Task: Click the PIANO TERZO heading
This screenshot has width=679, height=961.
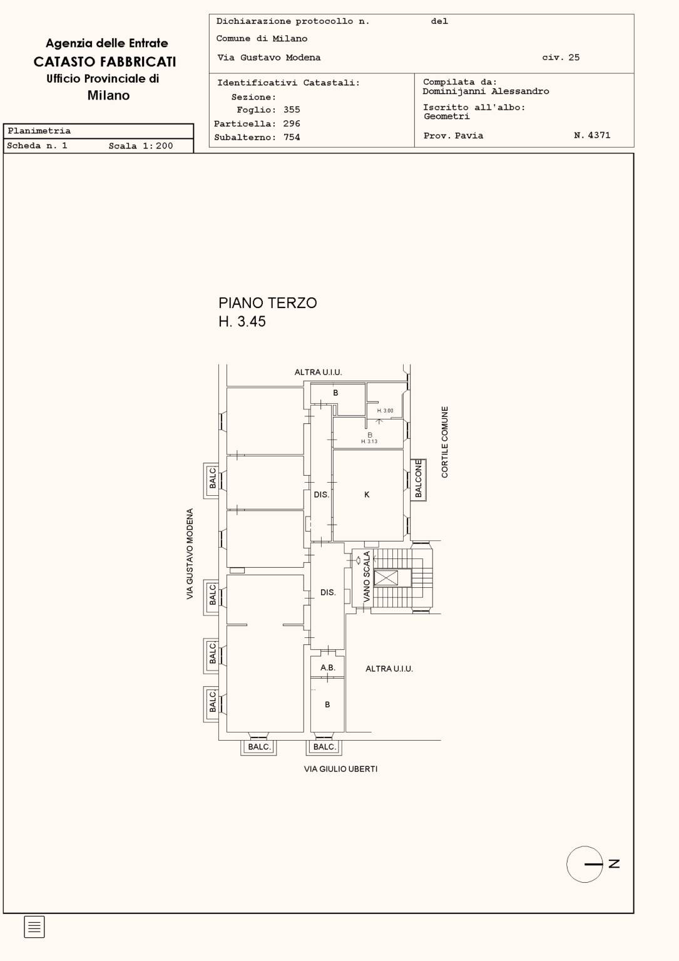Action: tap(268, 303)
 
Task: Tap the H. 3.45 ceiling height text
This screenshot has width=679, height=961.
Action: tap(242, 321)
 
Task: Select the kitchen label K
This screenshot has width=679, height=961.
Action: tap(367, 495)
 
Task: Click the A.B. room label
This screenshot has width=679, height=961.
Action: tap(328, 667)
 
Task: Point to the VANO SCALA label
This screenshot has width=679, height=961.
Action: tap(367, 577)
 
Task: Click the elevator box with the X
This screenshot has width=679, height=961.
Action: tap(386, 578)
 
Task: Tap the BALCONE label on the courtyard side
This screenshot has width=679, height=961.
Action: tap(418, 479)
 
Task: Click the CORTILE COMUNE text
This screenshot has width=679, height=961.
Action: tap(445, 442)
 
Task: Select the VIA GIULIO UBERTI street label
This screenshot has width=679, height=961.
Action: tap(340, 769)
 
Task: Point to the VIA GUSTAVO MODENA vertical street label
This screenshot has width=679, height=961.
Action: tap(190, 554)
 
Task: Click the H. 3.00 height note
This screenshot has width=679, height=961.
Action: tap(385, 411)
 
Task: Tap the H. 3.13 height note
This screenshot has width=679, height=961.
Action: tap(369, 441)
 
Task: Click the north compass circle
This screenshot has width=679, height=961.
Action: tap(585, 864)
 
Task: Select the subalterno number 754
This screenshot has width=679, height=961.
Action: tap(292, 137)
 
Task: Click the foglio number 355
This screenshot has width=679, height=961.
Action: tap(292, 110)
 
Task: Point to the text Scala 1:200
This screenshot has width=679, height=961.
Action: tap(141, 146)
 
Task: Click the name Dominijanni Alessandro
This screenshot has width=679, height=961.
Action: tap(486, 91)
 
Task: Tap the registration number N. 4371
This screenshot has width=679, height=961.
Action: tap(592, 135)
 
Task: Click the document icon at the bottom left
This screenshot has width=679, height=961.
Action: tap(34, 927)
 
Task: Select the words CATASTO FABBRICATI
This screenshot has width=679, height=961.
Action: tap(105, 62)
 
